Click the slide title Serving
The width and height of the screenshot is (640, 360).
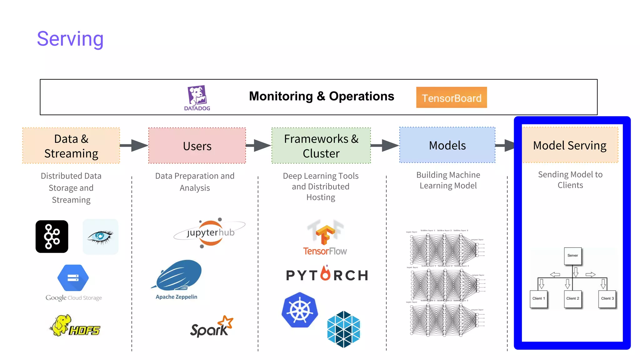click(x=70, y=39)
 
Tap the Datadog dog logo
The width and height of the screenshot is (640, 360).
click(x=197, y=95)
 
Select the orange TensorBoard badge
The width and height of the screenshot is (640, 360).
click(x=451, y=97)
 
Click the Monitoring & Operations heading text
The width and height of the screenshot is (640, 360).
click(x=321, y=96)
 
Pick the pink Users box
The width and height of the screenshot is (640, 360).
click(x=197, y=146)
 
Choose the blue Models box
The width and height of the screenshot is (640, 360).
click(x=447, y=145)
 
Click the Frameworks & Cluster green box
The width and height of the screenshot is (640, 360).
click(x=321, y=146)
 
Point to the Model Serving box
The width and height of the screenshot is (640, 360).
click(x=570, y=145)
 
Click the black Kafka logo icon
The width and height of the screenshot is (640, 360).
click(x=52, y=237)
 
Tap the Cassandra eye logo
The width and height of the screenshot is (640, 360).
click(x=100, y=237)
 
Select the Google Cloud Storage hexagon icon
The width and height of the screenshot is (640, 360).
click(x=73, y=278)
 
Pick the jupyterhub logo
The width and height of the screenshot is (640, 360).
click(x=210, y=233)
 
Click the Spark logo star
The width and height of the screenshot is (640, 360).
click(x=226, y=322)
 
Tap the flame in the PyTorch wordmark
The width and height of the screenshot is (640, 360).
click(x=326, y=273)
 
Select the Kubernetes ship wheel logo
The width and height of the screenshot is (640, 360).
click(x=300, y=310)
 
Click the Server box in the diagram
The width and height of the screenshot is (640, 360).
click(x=572, y=256)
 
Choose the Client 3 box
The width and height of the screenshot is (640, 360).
click(x=607, y=299)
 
